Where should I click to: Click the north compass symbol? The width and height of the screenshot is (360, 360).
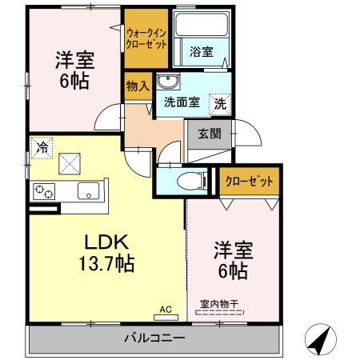[321, 339]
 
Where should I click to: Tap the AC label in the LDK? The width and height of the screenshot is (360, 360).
[166, 310]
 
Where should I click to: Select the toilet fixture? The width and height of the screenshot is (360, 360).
[192, 181]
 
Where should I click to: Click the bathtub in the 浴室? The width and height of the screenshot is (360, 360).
[202, 24]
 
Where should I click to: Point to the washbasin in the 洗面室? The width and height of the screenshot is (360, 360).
[168, 81]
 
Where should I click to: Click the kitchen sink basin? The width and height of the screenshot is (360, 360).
[89, 190]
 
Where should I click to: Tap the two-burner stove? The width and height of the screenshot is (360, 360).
[44, 191]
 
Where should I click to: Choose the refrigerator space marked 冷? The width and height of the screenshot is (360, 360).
[42, 148]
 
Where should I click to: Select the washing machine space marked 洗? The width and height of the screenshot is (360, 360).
[220, 104]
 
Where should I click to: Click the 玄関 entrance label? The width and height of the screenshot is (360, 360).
[210, 134]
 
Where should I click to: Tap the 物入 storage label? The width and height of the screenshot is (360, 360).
[138, 86]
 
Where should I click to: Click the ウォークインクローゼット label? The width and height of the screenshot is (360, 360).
[146, 38]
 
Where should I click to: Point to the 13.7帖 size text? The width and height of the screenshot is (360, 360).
[106, 263]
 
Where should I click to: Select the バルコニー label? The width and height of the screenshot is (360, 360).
[154, 338]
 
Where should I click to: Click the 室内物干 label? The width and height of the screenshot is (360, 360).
[219, 304]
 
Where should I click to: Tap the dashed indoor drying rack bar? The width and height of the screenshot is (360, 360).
[219, 312]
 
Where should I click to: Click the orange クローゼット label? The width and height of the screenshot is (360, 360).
[250, 182]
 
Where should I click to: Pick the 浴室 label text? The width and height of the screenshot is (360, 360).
[202, 51]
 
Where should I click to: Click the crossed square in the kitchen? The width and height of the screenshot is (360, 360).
[70, 164]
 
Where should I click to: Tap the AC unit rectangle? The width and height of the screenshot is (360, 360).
[166, 318]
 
